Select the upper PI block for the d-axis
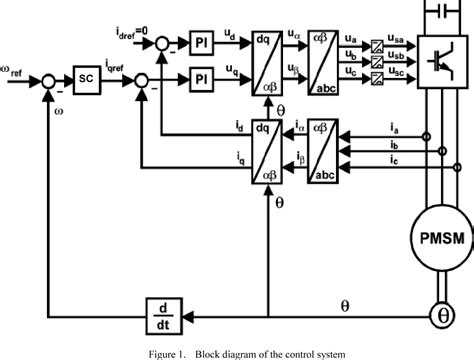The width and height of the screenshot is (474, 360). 200,42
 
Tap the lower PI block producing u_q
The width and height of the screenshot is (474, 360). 200,76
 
